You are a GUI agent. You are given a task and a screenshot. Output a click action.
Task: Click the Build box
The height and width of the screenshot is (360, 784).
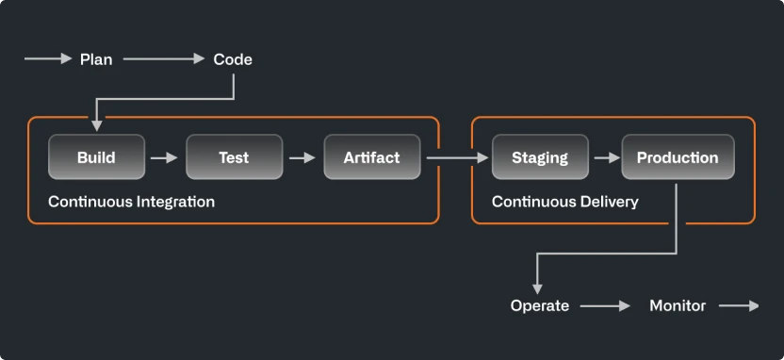click(96, 157)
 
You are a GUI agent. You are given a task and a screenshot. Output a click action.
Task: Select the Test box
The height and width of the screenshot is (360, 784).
click(234, 157)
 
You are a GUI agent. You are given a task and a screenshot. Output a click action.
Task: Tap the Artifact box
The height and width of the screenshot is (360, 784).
click(371, 157)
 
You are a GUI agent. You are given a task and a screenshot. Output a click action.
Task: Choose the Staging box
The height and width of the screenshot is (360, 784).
click(540, 157)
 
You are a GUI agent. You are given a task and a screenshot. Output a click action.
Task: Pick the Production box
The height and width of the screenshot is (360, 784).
click(678, 157)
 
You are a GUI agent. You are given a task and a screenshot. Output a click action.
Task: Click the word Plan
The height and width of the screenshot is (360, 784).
click(96, 59)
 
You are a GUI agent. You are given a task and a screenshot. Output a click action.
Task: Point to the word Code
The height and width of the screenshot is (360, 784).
click(233, 59)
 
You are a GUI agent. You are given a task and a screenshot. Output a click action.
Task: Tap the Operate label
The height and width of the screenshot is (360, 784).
click(540, 305)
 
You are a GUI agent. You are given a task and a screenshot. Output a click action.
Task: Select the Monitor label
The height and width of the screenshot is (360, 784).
click(678, 305)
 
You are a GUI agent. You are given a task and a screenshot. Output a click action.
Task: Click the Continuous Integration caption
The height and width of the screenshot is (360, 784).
click(131, 202)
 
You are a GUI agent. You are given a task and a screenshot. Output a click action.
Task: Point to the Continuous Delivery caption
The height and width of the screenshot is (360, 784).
click(565, 202)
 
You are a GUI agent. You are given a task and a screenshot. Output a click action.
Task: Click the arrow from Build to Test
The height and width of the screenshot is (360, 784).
click(165, 157)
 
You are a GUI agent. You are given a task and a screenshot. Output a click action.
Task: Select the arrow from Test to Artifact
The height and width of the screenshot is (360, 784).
click(302, 157)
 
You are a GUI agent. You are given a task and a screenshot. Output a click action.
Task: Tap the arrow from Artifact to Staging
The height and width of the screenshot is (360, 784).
click(457, 157)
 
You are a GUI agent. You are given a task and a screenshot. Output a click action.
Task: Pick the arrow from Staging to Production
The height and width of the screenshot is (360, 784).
click(605, 157)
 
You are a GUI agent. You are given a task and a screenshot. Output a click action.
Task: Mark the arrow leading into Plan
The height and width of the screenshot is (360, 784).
click(48, 59)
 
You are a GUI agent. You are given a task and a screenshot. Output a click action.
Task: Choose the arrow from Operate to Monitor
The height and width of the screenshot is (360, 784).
click(605, 305)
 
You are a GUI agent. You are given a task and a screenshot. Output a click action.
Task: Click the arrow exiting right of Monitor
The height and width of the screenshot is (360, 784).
click(739, 305)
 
